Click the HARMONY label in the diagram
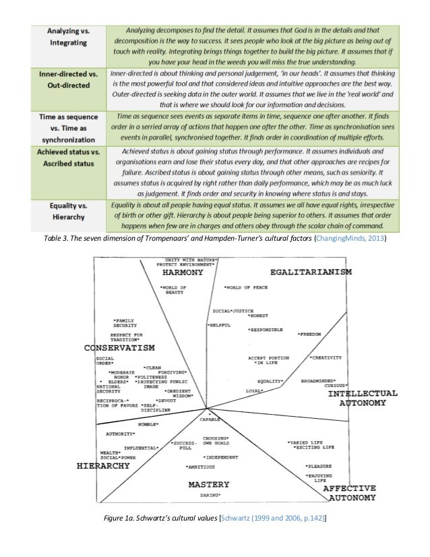pyautogui.click(x=181, y=273)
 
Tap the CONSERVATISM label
pyautogui.click(x=119, y=348)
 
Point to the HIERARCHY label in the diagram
pyautogui.click(x=104, y=466)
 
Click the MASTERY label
pyautogui.click(x=208, y=484)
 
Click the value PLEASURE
pyautogui.click(x=317, y=466)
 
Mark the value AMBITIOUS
pyautogui.click(x=201, y=467)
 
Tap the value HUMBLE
pyautogui.click(x=148, y=424)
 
